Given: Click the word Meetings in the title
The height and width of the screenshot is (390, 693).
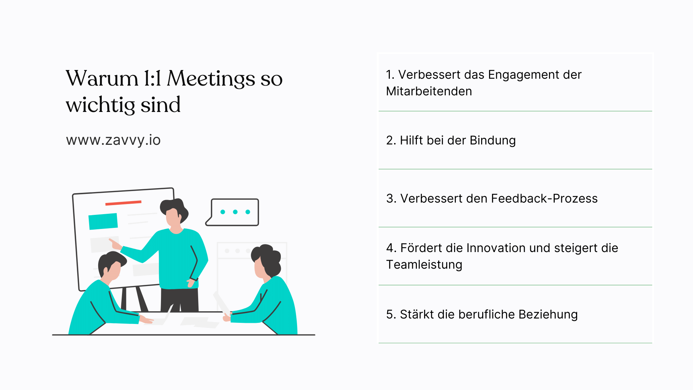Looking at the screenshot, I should (211, 79).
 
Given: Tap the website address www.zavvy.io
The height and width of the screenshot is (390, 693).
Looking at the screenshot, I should (113, 140).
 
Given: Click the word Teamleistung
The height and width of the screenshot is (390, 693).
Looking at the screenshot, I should (424, 265).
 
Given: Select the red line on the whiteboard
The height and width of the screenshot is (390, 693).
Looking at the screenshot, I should (123, 203).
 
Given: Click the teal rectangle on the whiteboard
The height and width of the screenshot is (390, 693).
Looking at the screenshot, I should (103, 221).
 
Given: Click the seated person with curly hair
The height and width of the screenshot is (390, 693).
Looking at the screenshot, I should (271, 289).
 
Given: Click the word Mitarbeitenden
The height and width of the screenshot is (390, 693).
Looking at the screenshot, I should (429, 91).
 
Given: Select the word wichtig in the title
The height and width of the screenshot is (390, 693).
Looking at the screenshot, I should (100, 105).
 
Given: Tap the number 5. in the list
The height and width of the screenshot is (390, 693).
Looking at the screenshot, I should (391, 315).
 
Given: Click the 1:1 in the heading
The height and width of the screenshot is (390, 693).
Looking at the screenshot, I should (152, 79).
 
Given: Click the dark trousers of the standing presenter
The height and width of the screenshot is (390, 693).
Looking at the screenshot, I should (179, 300).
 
